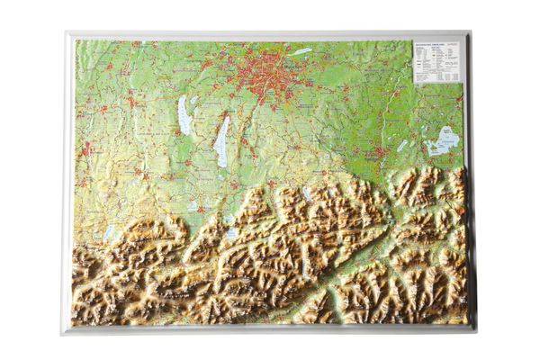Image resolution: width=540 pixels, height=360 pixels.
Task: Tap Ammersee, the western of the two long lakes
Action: coord(184,115)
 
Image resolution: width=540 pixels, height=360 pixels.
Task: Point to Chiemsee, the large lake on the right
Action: coord(443,140)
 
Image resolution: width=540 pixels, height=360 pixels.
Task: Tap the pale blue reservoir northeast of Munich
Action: coord(301,51)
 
